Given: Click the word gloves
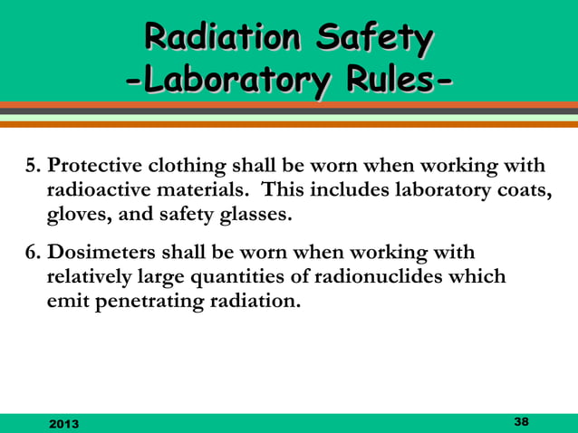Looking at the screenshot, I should [78, 216].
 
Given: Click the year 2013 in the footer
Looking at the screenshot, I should [63, 423].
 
